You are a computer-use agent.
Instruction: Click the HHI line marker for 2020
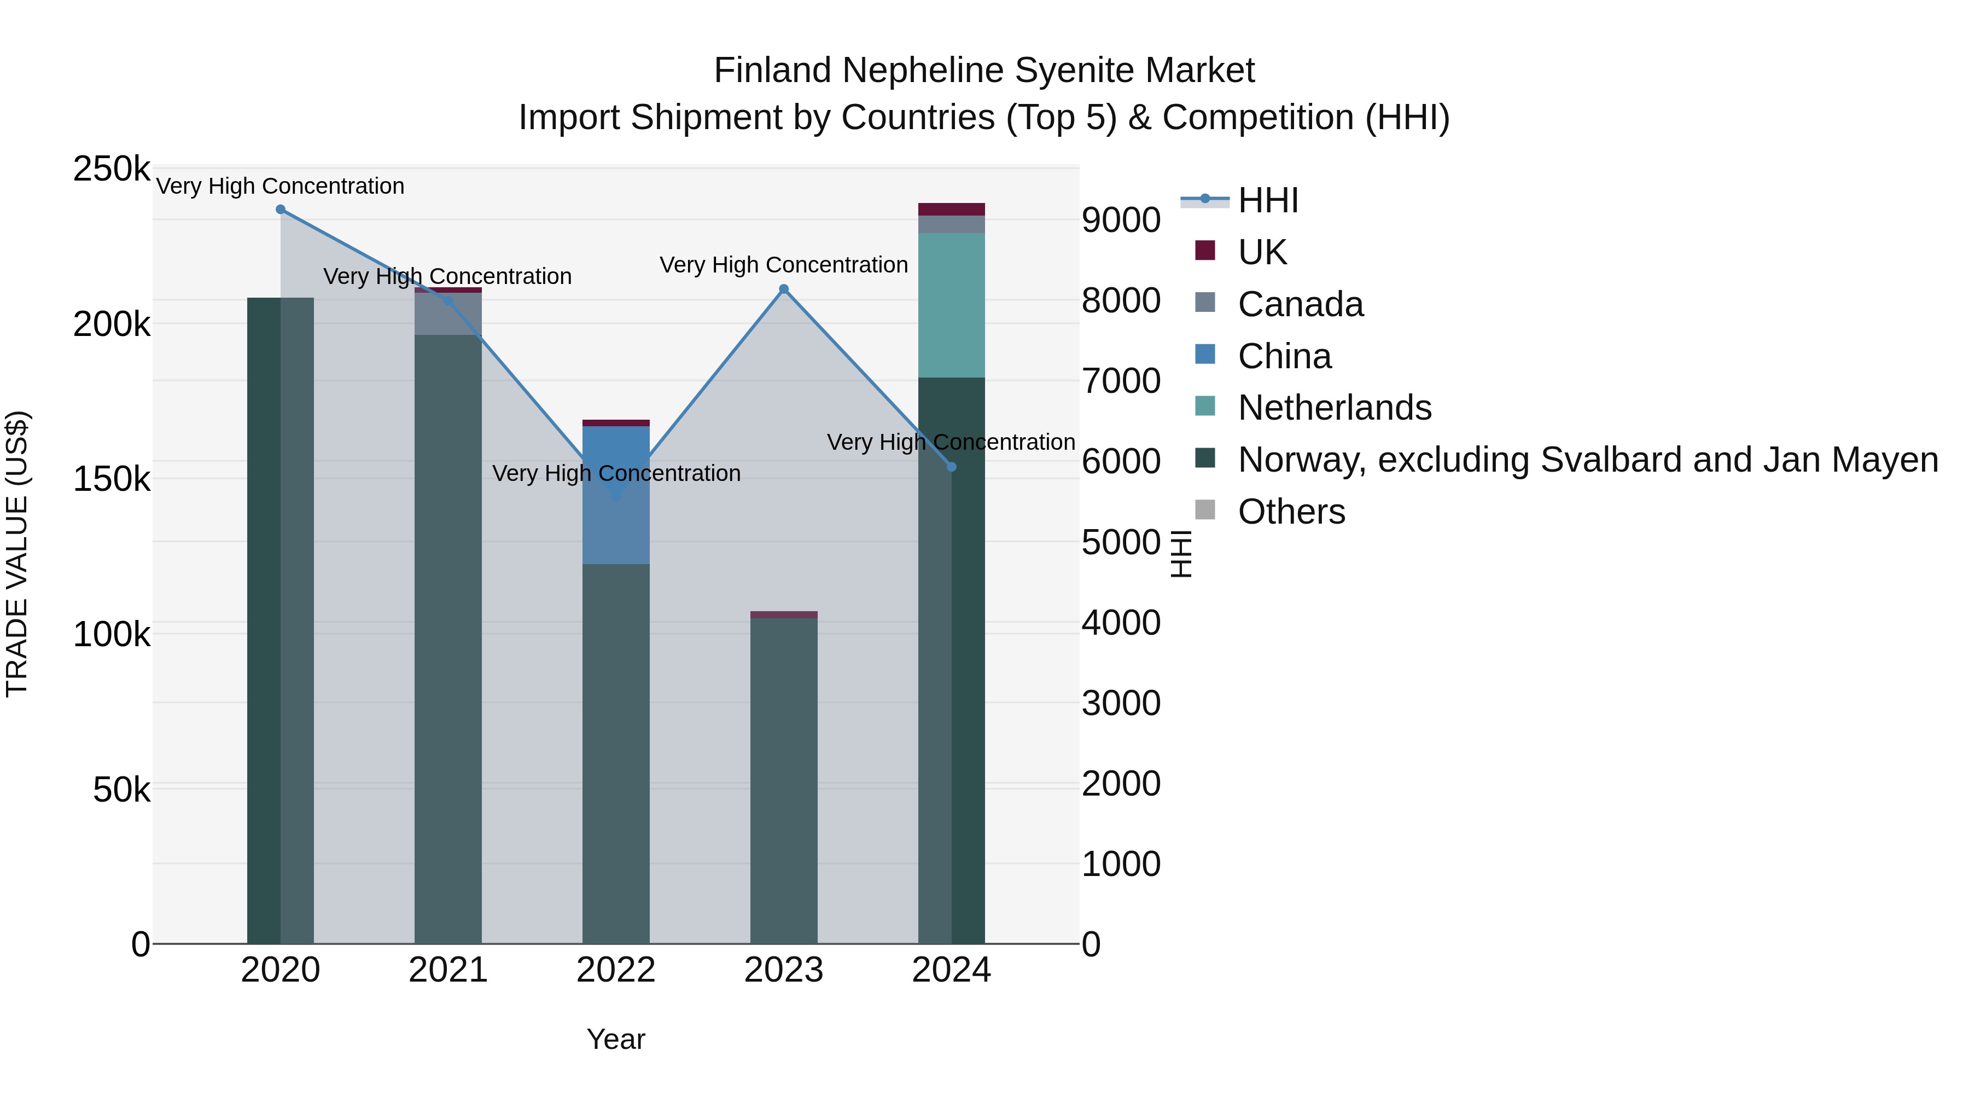click(x=281, y=210)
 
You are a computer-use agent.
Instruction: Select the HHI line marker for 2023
click(x=783, y=289)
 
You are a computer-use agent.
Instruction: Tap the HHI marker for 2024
click(x=952, y=466)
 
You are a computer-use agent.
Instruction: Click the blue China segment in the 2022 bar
click(x=616, y=527)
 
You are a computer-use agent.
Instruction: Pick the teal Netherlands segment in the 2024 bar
click(x=952, y=305)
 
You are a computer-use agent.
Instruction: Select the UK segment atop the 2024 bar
click(x=952, y=210)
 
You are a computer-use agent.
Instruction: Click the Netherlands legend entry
click(x=1334, y=408)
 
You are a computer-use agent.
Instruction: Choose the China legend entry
click(x=1284, y=356)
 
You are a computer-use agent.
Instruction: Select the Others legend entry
click(x=1291, y=512)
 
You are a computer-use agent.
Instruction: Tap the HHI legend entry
click(x=1267, y=200)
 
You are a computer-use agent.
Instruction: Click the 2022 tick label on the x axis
click(x=616, y=970)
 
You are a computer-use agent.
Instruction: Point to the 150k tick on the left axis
click(x=112, y=479)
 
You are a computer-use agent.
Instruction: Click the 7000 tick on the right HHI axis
click(x=1121, y=381)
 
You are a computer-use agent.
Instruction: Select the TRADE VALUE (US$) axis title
click(x=17, y=554)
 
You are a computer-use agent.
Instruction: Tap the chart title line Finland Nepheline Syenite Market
click(x=984, y=71)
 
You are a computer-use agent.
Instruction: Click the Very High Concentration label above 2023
click(x=783, y=265)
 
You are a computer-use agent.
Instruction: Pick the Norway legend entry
click(x=1588, y=460)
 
